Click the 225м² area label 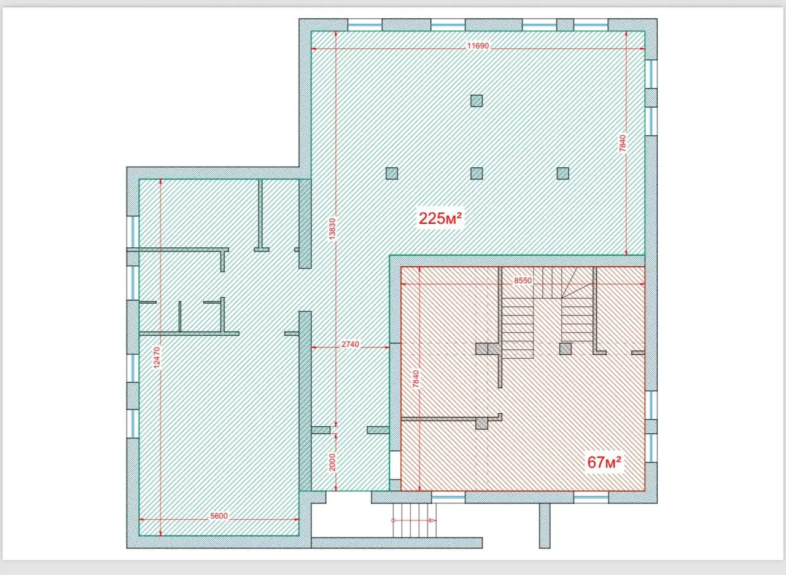[440, 218]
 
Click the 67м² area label [604, 462]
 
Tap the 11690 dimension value [478, 46]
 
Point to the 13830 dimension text [332, 229]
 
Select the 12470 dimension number [157, 358]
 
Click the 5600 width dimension [219, 515]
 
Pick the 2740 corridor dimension [350, 344]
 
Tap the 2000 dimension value [333, 462]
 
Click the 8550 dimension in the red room [523, 281]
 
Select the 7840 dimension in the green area [623, 144]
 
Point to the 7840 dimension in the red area [416, 379]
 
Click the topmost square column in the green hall [477, 101]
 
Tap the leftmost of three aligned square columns [392, 173]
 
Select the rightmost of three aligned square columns [563, 173]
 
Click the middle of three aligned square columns [477, 173]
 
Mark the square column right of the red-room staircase [566, 349]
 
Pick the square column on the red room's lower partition [482, 424]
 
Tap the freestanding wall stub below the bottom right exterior [545, 526]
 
